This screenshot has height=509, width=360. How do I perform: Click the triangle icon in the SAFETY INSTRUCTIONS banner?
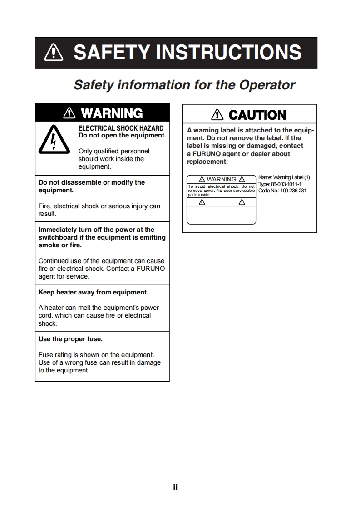[54, 53]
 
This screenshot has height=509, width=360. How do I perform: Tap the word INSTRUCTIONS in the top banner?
[228, 53]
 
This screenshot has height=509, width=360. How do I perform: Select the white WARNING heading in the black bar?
[112, 113]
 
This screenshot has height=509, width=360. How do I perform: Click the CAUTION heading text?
[257, 115]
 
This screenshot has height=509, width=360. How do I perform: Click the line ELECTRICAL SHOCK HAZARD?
[121, 128]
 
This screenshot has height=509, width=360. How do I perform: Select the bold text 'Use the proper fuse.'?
[70, 339]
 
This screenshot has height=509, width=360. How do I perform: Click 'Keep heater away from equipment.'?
[93, 292]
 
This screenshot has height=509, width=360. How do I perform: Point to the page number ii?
[175, 487]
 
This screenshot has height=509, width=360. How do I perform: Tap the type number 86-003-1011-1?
[286, 184]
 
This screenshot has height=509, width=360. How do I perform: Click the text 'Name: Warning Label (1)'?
[284, 177]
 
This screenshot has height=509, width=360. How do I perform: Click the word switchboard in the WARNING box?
[59, 237]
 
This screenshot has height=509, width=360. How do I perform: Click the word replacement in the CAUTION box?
[207, 162]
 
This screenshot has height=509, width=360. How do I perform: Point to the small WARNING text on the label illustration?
[221, 179]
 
